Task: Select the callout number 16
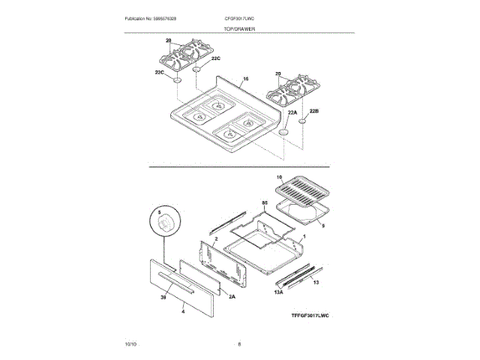coord(245,79)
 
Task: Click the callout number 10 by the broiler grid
coord(278,178)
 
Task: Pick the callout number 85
coord(264,203)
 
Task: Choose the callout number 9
coord(322,225)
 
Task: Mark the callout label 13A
coord(279,292)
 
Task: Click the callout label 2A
coord(232,297)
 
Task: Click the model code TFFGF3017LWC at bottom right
coord(310,316)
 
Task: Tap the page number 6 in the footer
coord(239,343)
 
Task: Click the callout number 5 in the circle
coord(159,213)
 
